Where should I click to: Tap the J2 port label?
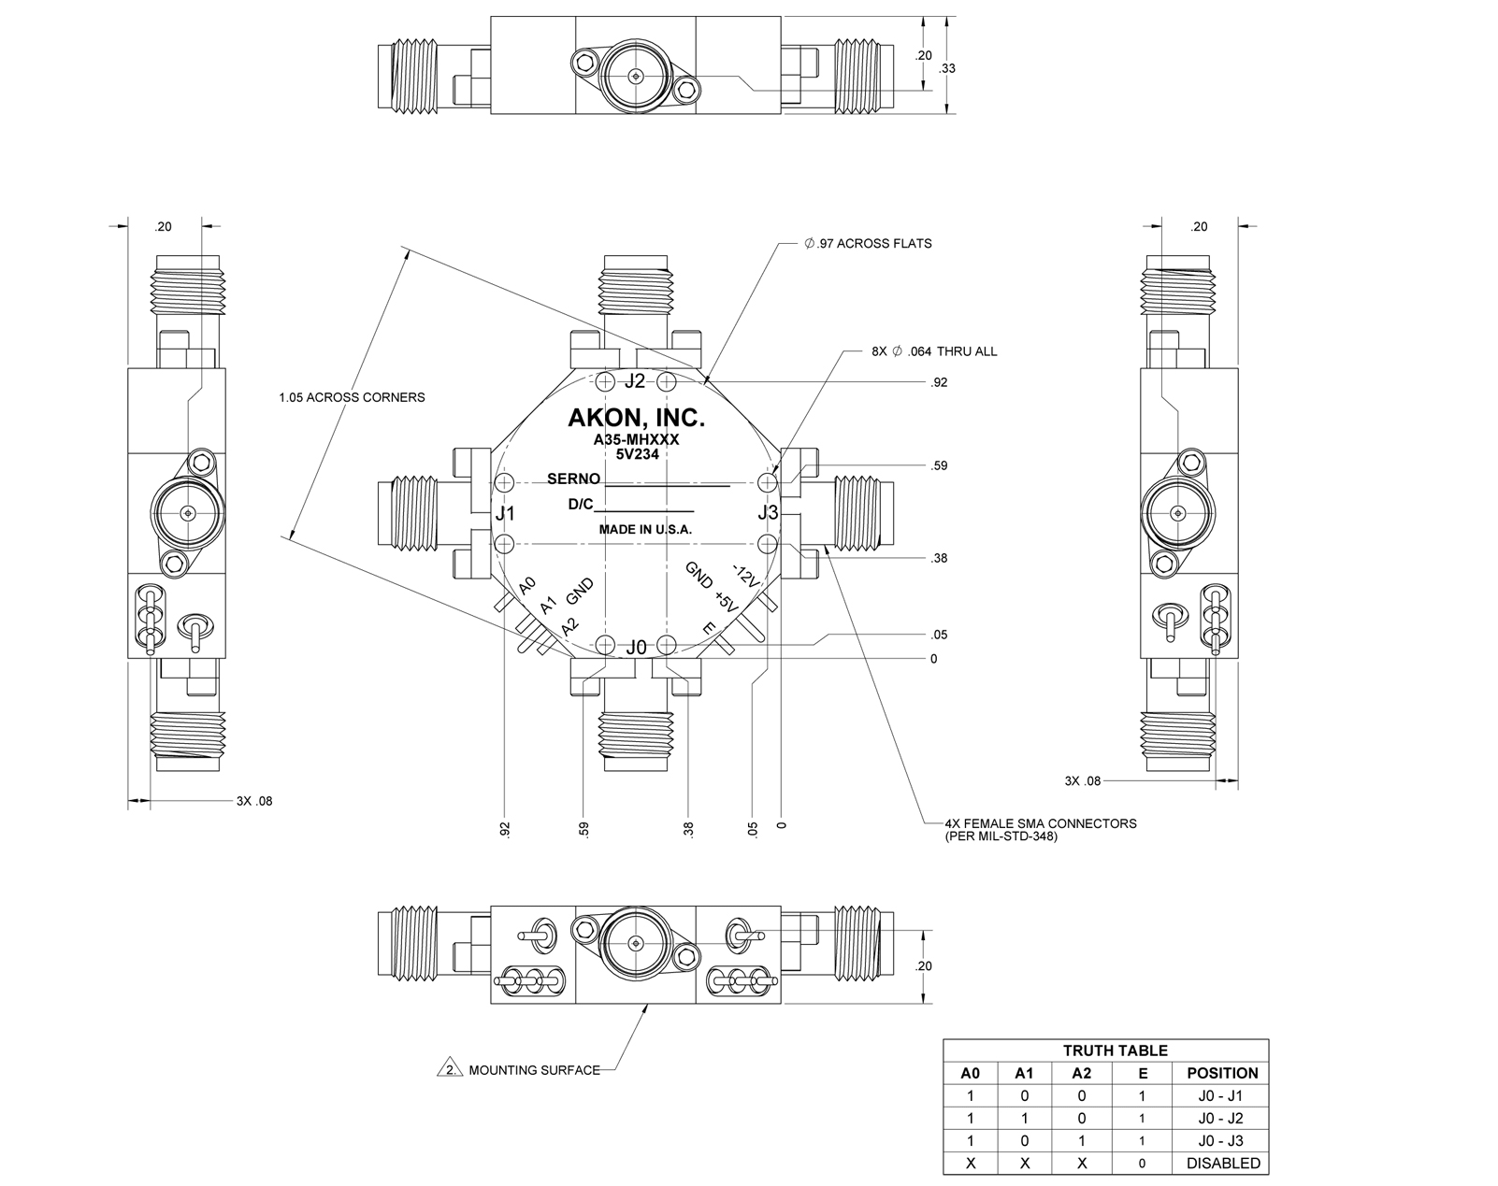point(635,380)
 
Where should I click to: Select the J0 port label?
point(636,647)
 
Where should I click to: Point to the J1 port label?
point(505,513)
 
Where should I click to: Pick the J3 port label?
point(768,512)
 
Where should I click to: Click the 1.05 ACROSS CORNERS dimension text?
point(352,397)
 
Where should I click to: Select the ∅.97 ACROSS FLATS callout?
point(868,243)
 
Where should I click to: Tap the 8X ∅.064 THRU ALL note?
point(934,351)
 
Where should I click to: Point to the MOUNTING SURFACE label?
point(534,1070)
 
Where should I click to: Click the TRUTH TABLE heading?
point(1115,1050)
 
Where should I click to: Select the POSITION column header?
point(1222,1073)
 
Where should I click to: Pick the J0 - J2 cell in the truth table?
point(1222,1118)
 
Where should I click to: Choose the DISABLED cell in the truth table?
point(1222,1164)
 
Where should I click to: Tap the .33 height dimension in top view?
point(947,68)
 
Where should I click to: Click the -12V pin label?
point(744,577)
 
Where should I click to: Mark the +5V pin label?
point(727,600)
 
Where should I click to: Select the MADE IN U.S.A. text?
point(645,530)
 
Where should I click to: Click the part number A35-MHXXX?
point(636,439)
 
